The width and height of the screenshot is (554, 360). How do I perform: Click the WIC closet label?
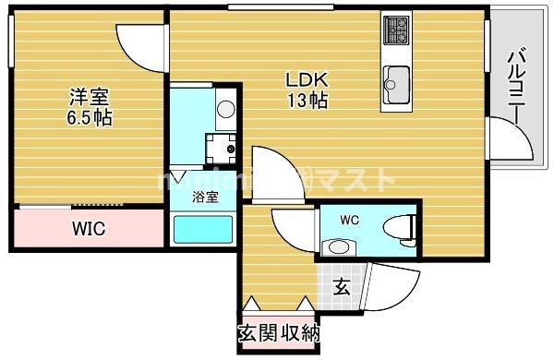click(90, 227)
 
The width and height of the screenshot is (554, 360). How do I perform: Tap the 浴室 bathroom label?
click(205, 197)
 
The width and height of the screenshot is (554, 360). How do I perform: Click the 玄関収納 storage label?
click(279, 332)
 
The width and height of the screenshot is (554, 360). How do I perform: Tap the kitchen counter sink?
click(398, 78)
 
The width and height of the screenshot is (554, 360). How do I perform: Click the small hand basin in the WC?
click(339, 246)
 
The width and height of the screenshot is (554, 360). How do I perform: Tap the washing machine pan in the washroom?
click(222, 145)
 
